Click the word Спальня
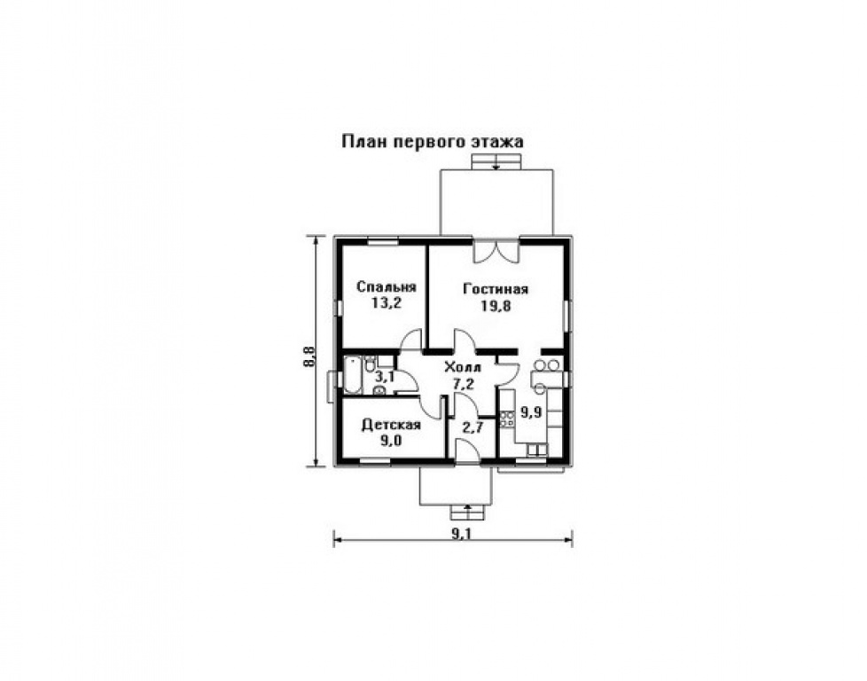coord(386,287)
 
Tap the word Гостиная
coord(496,289)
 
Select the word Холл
coord(464,367)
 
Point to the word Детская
coord(391,425)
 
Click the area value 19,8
coord(495,306)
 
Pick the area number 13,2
coord(387,304)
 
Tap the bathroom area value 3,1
coord(385,377)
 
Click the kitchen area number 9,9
coord(530,412)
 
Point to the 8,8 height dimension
coord(309,356)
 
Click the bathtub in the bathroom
coord(354,376)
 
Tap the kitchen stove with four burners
coord(506,419)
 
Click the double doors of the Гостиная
coord(496,251)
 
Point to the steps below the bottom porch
coord(467,513)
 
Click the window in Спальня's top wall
coord(383,241)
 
